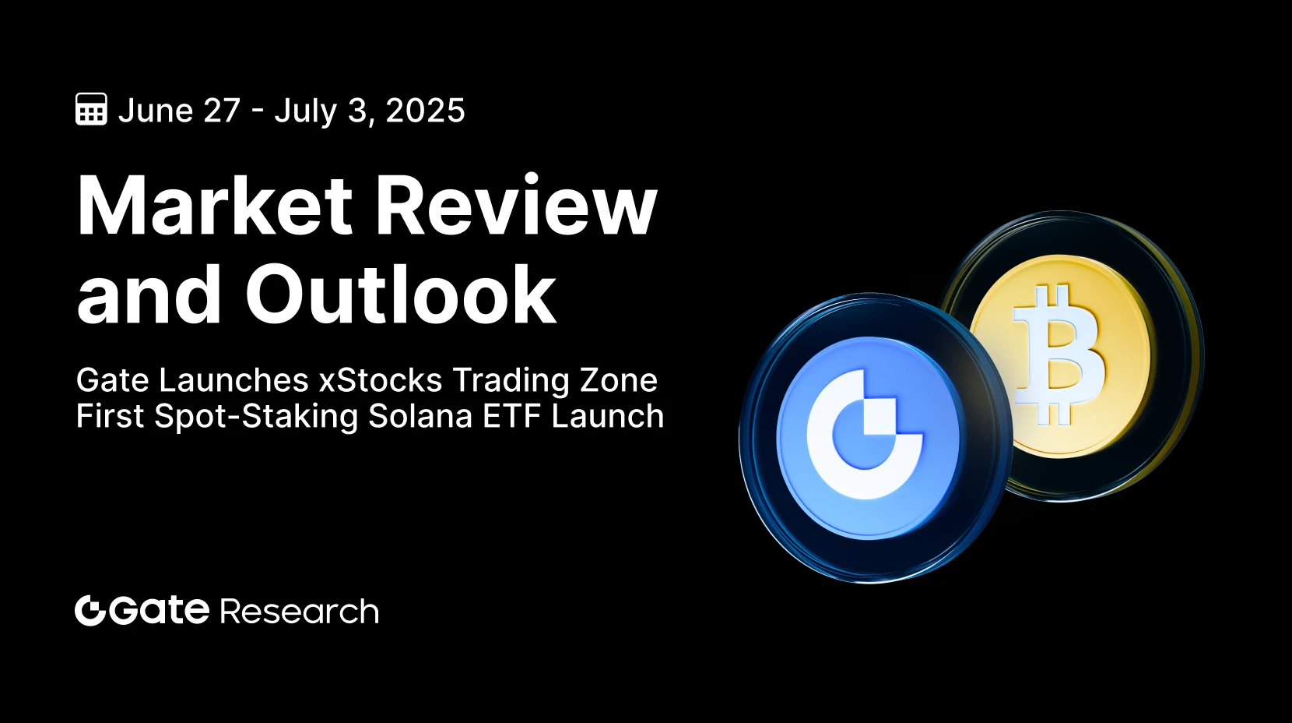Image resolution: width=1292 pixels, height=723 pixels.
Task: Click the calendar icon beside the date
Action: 91,109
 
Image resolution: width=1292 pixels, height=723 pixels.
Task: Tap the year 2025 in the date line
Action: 425,110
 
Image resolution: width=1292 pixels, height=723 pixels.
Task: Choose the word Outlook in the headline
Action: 401,294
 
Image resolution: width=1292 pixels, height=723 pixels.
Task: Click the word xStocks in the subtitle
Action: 381,380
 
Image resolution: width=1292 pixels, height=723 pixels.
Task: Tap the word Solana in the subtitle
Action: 420,416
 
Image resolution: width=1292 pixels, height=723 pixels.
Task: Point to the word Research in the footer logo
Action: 300,611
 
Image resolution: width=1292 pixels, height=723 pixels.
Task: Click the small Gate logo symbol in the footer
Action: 90,610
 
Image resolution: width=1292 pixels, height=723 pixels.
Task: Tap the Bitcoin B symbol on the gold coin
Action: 1059,354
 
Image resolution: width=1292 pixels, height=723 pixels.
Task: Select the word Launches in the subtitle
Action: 233,380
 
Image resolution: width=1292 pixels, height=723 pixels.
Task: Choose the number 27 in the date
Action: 222,110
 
